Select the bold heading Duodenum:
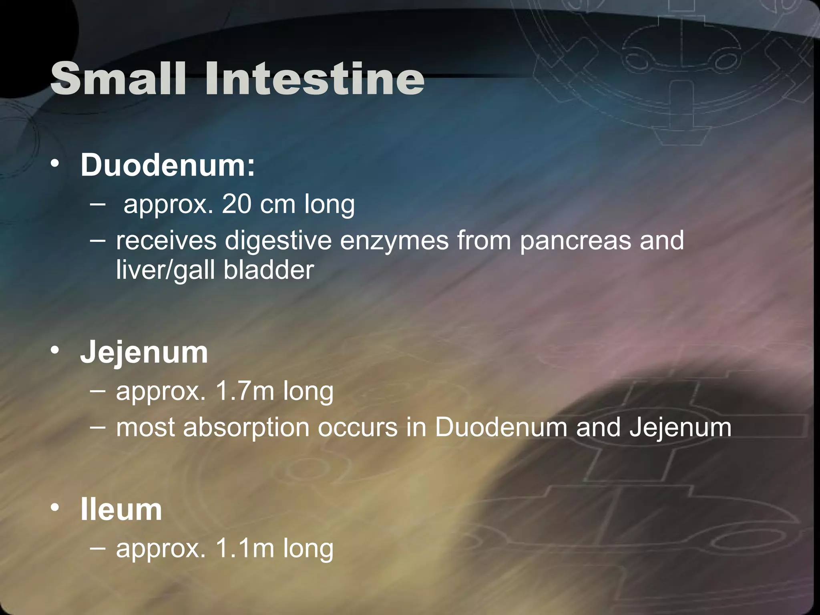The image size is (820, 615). (x=167, y=165)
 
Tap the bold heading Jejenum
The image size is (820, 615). (x=144, y=352)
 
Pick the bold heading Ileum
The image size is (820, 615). (x=121, y=510)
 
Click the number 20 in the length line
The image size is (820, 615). (x=236, y=204)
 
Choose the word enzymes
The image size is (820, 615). (x=394, y=241)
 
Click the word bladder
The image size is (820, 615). (x=269, y=269)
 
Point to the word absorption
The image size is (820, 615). (x=246, y=427)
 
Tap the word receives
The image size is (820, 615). (x=166, y=241)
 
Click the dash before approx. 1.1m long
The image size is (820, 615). (x=98, y=547)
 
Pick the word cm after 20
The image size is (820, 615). (x=277, y=204)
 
